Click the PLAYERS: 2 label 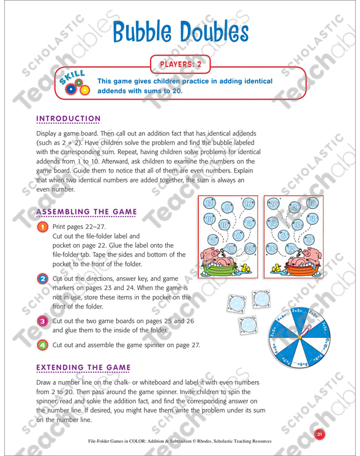click(180, 62)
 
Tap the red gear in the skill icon click(70, 89)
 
